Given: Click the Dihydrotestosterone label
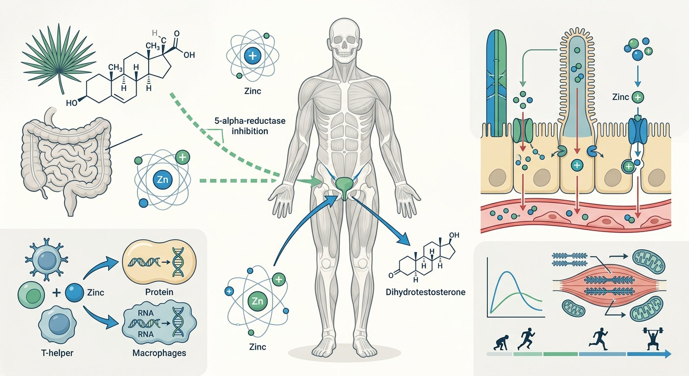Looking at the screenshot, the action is (x=425, y=292).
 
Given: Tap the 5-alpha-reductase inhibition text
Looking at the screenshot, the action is (x=250, y=126).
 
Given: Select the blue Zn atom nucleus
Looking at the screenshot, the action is (x=162, y=180).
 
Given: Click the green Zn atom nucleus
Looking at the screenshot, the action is (x=257, y=301).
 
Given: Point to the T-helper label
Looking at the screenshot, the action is (x=57, y=352).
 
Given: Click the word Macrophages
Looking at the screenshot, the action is (x=159, y=352).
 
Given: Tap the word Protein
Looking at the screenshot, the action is (x=159, y=292).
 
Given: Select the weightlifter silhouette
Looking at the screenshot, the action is (x=653, y=339).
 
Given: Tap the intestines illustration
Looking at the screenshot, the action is (x=66, y=160).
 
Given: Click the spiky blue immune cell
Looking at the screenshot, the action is (x=46, y=259).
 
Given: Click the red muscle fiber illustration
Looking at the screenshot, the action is (x=609, y=284).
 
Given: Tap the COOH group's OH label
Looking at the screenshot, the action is (x=189, y=55).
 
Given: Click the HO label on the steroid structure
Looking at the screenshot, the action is (x=71, y=103).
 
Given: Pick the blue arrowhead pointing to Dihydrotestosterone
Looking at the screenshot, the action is (x=405, y=239).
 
